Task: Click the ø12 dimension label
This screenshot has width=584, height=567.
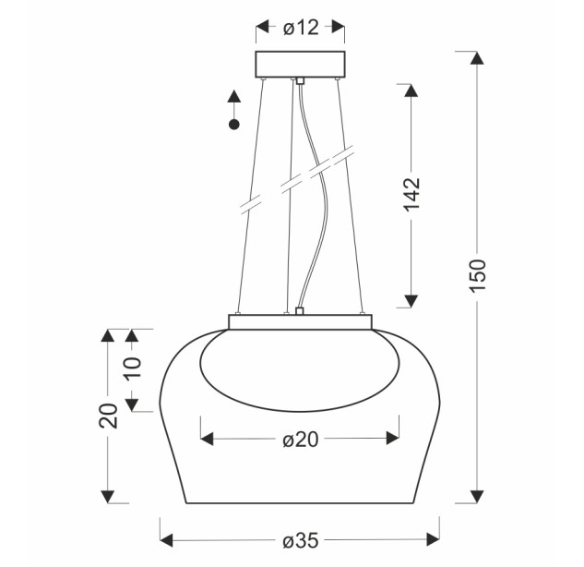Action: tap(301, 28)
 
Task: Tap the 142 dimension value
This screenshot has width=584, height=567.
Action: tap(411, 194)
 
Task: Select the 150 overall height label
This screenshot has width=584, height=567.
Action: tap(478, 275)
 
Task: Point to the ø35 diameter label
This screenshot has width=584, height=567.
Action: tap(301, 540)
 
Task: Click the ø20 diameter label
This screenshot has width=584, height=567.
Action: tap(301, 440)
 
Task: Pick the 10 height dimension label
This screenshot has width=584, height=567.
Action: tap(134, 368)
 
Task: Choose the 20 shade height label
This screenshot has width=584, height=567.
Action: tap(108, 416)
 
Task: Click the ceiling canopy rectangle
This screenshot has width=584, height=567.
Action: tap(300, 64)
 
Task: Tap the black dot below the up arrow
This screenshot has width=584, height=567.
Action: tap(234, 125)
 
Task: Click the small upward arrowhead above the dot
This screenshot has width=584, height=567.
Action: tap(234, 96)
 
